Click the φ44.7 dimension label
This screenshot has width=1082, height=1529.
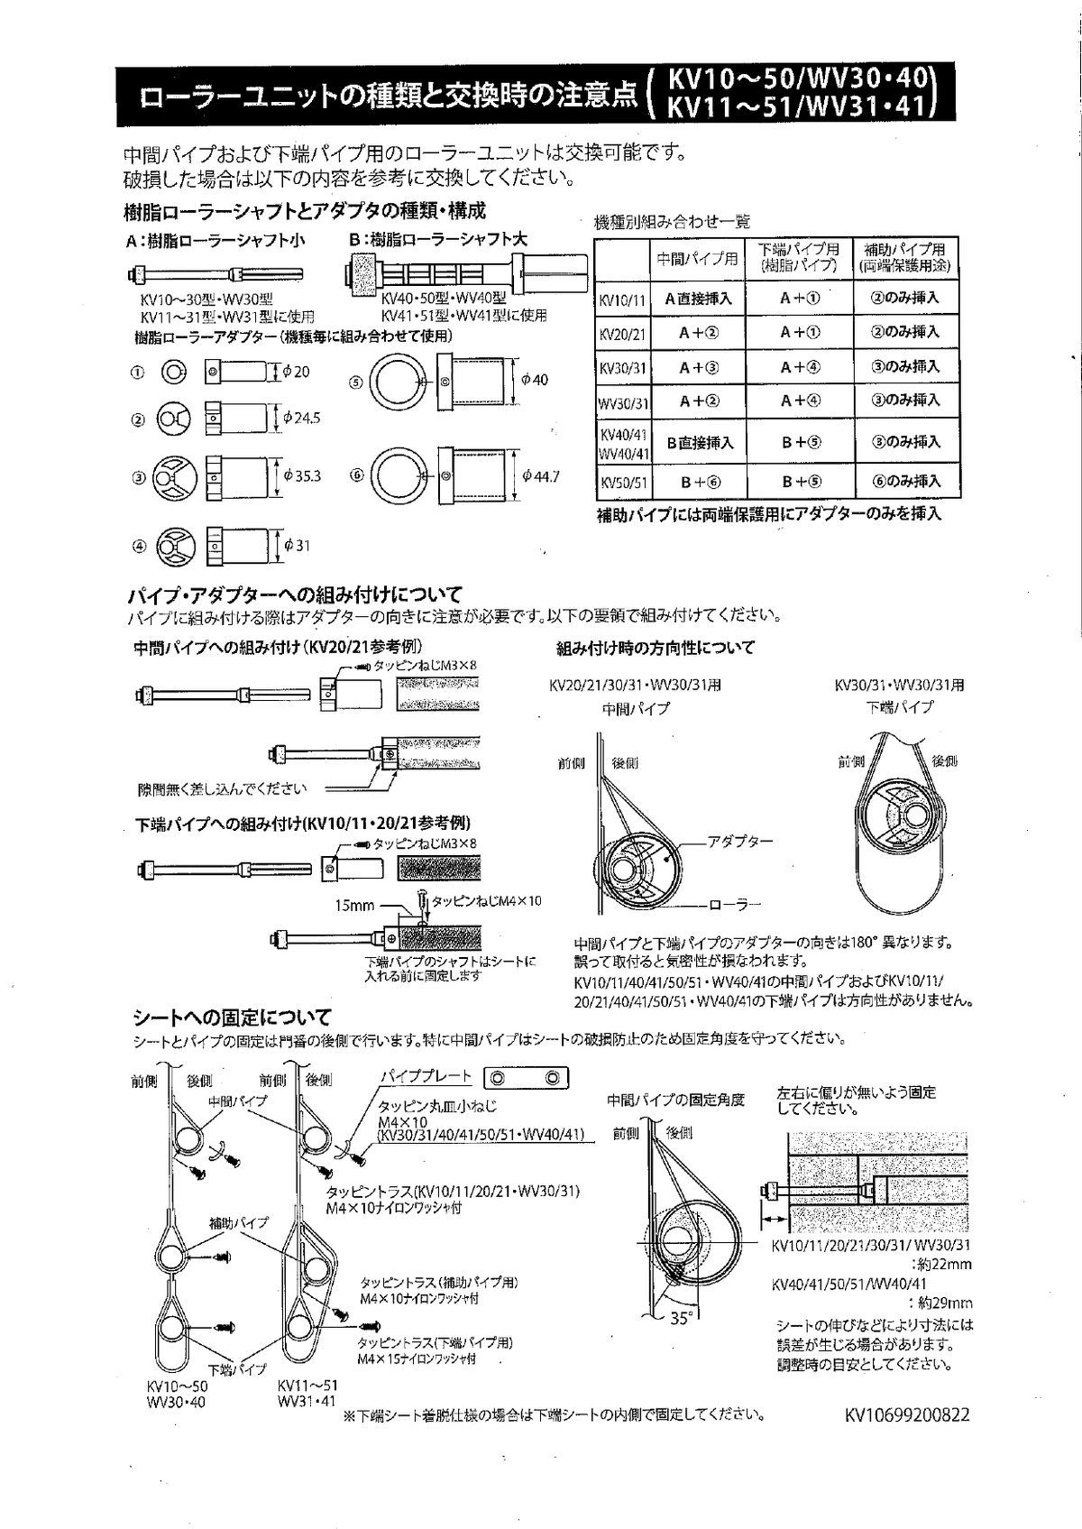[x=540, y=475]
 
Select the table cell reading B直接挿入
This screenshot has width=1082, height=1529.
[x=699, y=443]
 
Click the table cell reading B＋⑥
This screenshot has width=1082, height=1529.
[x=699, y=482]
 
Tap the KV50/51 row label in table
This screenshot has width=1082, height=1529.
[x=623, y=483]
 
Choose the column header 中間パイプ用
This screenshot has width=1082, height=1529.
[x=697, y=259]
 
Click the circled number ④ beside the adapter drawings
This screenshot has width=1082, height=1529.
[x=139, y=545]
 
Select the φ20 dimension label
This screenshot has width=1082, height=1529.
[x=296, y=372]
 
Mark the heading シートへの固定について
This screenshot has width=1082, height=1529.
[x=232, y=1017]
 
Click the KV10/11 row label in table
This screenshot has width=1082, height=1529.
[x=623, y=299]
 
